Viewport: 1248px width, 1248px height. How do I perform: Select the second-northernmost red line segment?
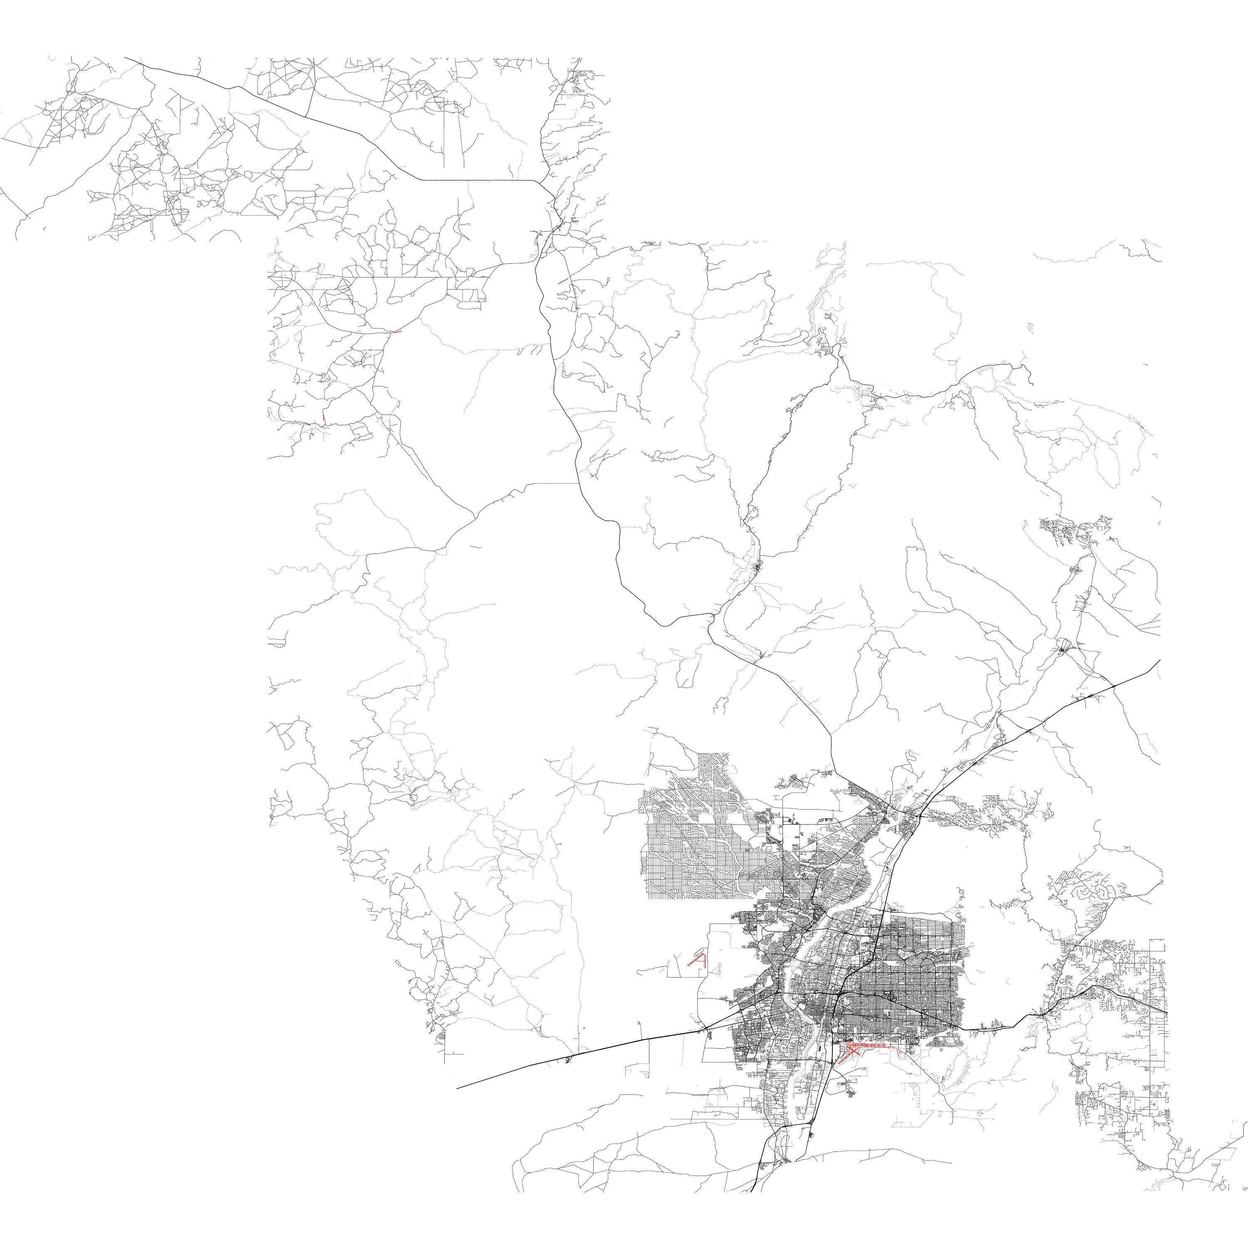coord(396,332)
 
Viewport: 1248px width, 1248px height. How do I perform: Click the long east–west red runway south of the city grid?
coord(872,1045)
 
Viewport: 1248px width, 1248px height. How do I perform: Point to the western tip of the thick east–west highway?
coord(457,1088)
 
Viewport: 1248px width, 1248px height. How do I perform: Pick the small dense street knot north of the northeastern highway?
coord(1062,646)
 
